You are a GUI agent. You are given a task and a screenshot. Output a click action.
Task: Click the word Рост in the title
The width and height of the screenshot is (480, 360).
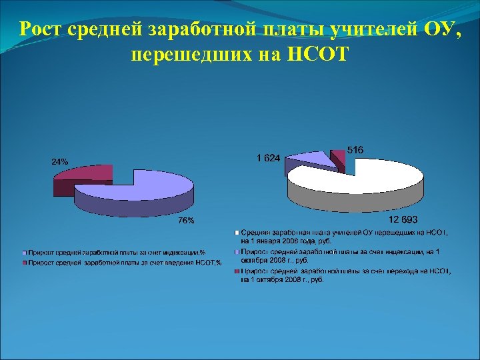(x=41, y=30)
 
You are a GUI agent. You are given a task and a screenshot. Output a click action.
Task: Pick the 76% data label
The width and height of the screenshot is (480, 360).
(x=185, y=221)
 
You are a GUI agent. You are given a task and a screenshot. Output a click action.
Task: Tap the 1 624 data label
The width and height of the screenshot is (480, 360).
(x=269, y=158)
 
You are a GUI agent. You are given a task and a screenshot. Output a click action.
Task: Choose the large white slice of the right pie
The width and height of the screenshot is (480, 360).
(x=360, y=179)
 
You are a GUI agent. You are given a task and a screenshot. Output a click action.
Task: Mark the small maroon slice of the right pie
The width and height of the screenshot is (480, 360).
(x=339, y=157)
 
